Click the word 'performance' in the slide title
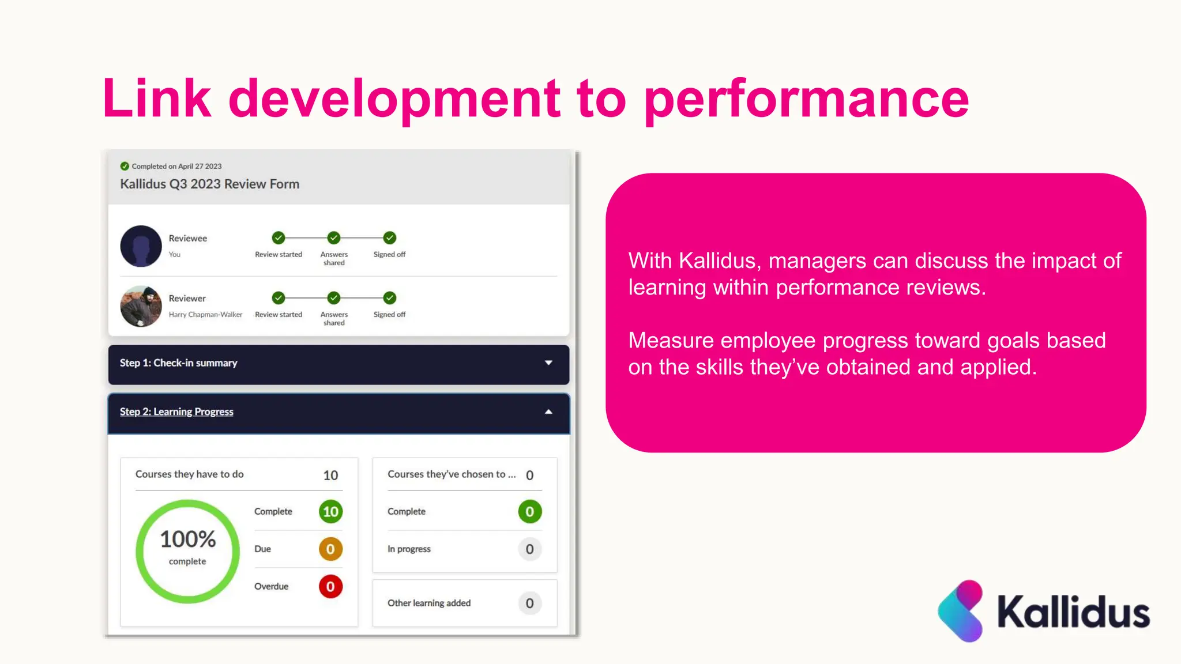806,99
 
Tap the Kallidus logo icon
961,611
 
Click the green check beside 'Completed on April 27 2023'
125,166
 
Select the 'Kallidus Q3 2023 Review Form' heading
209,184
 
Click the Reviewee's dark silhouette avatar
141,246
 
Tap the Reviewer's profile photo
141,306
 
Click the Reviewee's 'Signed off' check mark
390,237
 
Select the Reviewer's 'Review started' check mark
279,298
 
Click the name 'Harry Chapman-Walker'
205,315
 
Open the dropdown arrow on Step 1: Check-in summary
548,363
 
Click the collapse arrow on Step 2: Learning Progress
548,412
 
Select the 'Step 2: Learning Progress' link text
176,412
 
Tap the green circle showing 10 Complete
330,511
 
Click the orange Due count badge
330,549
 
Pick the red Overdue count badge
330,587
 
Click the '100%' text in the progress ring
187,539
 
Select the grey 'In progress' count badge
529,549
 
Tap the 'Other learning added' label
429,603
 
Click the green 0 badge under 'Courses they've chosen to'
529,511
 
